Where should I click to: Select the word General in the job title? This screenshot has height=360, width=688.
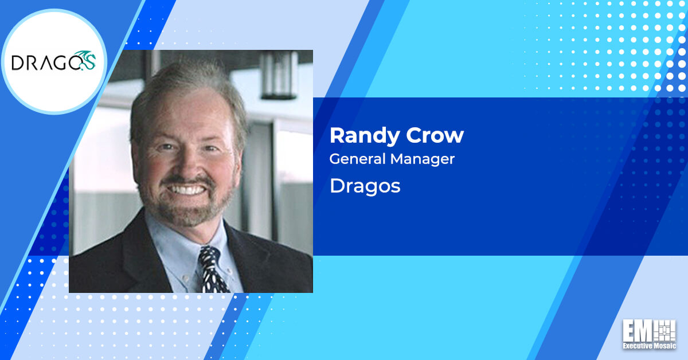pyautogui.click(x=357, y=159)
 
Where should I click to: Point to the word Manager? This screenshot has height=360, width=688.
pyautogui.click(x=423, y=159)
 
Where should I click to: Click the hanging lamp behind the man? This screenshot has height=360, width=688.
pyautogui.click(x=279, y=75)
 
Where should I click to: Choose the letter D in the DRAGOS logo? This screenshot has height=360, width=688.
pyautogui.click(x=17, y=62)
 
